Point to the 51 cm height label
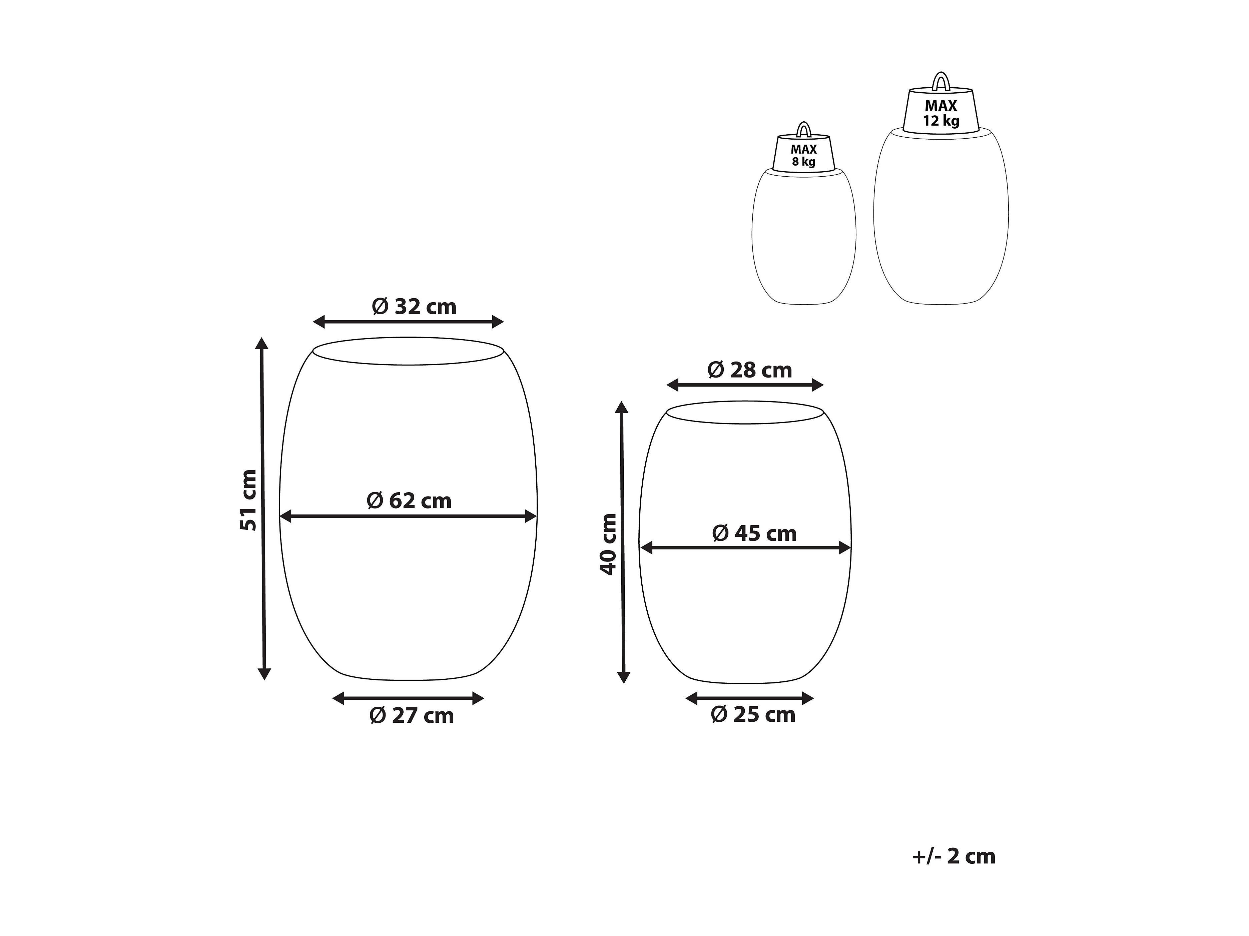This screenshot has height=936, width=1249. [248, 500]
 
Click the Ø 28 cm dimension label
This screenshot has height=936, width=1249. [750, 370]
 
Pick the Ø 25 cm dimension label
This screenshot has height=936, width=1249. [753, 714]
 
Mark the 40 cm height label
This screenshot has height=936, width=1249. [608, 544]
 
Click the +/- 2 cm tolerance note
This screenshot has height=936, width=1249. [954, 856]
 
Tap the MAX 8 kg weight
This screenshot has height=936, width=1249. [803, 154]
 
